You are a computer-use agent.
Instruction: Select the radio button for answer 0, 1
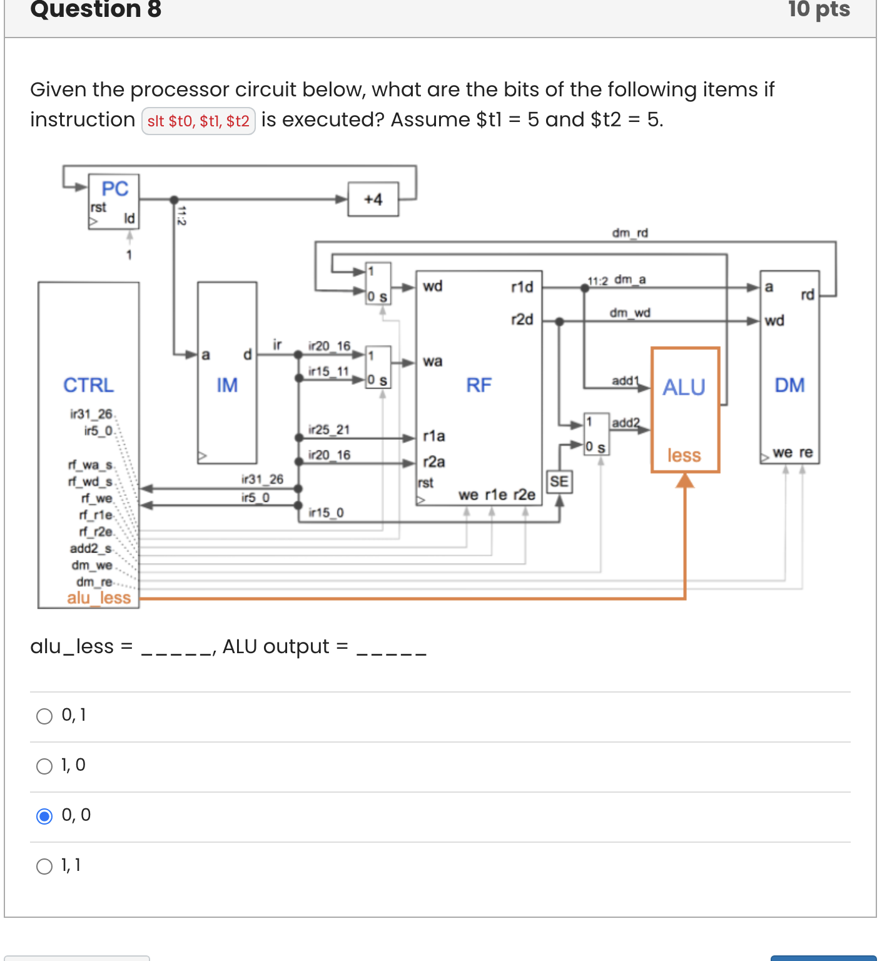point(44,716)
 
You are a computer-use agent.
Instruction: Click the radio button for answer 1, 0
point(44,766)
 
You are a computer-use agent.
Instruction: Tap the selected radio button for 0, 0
point(44,816)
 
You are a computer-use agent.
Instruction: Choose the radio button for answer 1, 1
point(44,866)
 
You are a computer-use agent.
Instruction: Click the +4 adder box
point(373,200)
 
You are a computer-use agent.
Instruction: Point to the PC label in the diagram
point(115,188)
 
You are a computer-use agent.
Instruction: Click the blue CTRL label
point(88,385)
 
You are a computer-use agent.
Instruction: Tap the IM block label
point(227,385)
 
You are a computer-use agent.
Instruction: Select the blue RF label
point(479,385)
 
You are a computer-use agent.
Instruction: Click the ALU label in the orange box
point(684,387)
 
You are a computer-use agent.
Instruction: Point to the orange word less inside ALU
point(684,455)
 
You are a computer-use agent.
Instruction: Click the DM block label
point(789,385)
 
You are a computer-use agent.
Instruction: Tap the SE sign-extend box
point(559,482)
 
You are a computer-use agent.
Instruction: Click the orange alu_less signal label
point(99,597)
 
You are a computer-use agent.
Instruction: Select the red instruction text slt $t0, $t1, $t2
point(198,121)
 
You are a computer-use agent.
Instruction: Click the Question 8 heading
point(96,10)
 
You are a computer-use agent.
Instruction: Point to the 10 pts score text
point(818,10)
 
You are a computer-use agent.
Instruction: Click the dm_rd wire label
point(630,233)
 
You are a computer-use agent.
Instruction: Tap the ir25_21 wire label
point(329,429)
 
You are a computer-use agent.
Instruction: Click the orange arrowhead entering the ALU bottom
point(685,480)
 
